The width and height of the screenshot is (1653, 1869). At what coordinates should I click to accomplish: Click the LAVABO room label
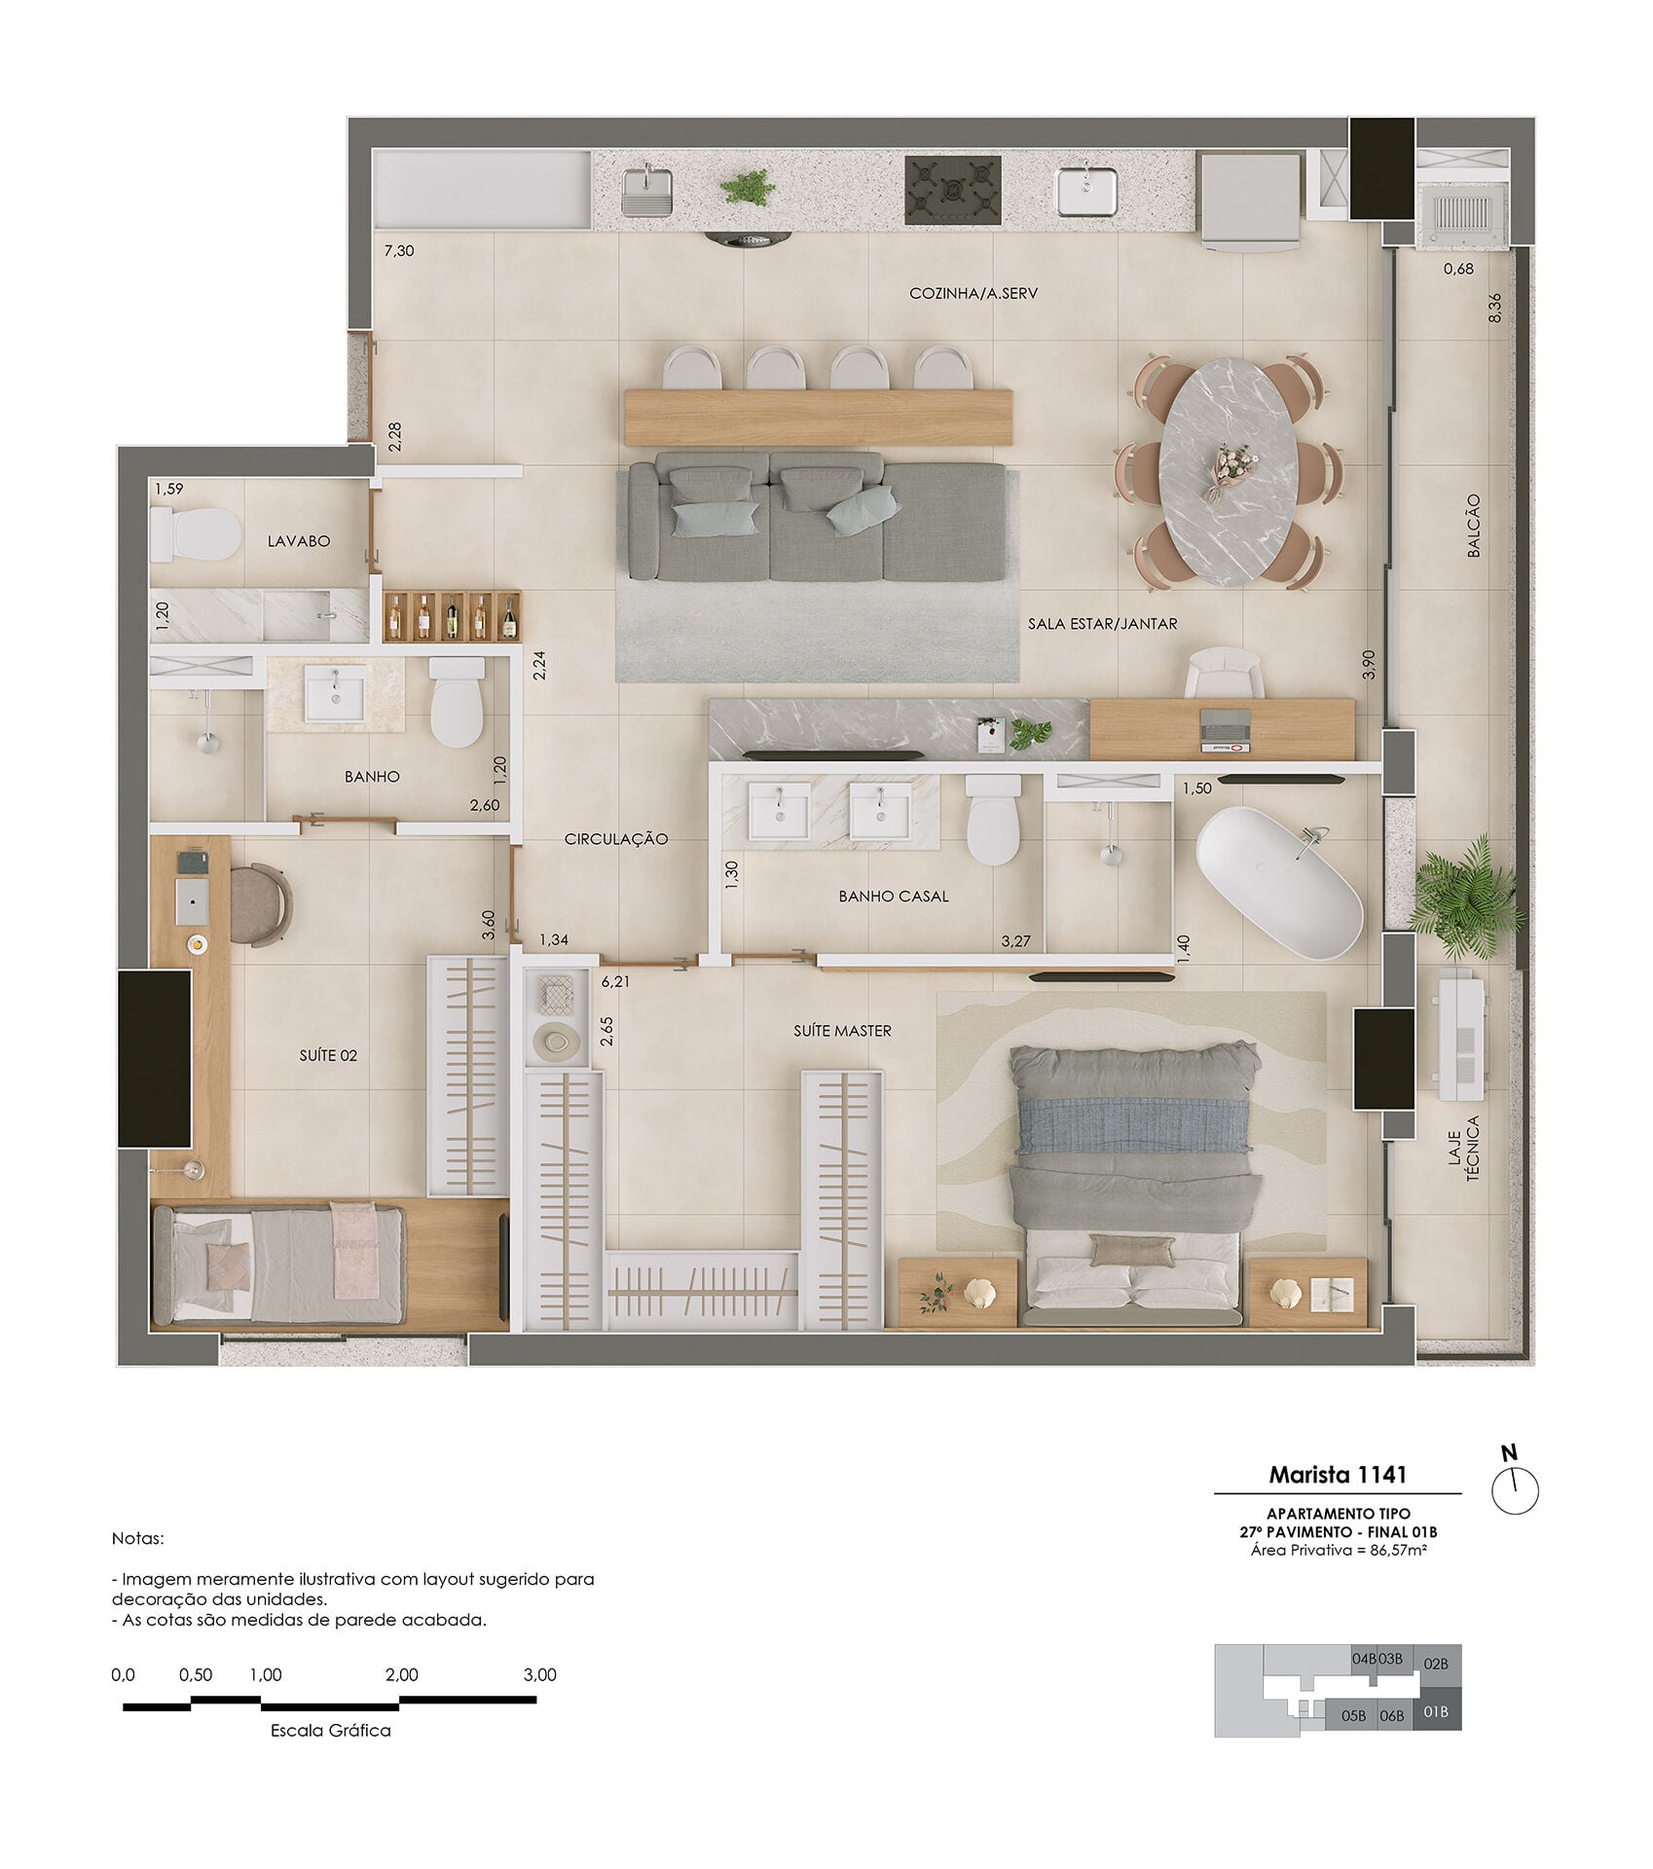pos(299,541)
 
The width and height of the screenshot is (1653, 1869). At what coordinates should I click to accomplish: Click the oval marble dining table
pos(1228,474)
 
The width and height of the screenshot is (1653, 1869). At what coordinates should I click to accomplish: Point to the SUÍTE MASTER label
pos(842,1030)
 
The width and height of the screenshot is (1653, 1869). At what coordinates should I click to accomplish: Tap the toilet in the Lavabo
pos(196,533)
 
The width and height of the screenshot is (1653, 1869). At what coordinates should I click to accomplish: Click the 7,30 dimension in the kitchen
pos(399,250)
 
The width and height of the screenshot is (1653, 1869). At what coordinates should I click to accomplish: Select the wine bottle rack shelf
pos(452,616)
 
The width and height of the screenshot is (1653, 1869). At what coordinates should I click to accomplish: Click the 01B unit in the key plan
pos(1436,1711)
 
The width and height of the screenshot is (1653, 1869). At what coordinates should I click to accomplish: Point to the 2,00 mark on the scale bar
pos(401,1674)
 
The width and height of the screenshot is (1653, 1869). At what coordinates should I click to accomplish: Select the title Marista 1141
pos(1337,1474)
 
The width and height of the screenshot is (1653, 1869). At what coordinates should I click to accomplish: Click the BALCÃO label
pos(1473,526)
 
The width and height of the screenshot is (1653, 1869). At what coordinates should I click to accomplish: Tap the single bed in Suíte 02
pos(278,1264)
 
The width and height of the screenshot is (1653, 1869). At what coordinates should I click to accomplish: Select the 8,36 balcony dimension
pos(1494,309)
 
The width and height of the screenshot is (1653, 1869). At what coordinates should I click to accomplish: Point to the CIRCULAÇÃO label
pos(616,839)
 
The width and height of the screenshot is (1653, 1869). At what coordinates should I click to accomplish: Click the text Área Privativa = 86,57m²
pos(1339,1549)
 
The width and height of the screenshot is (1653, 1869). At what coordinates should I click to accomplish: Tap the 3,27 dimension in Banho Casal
pos(1016,941)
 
